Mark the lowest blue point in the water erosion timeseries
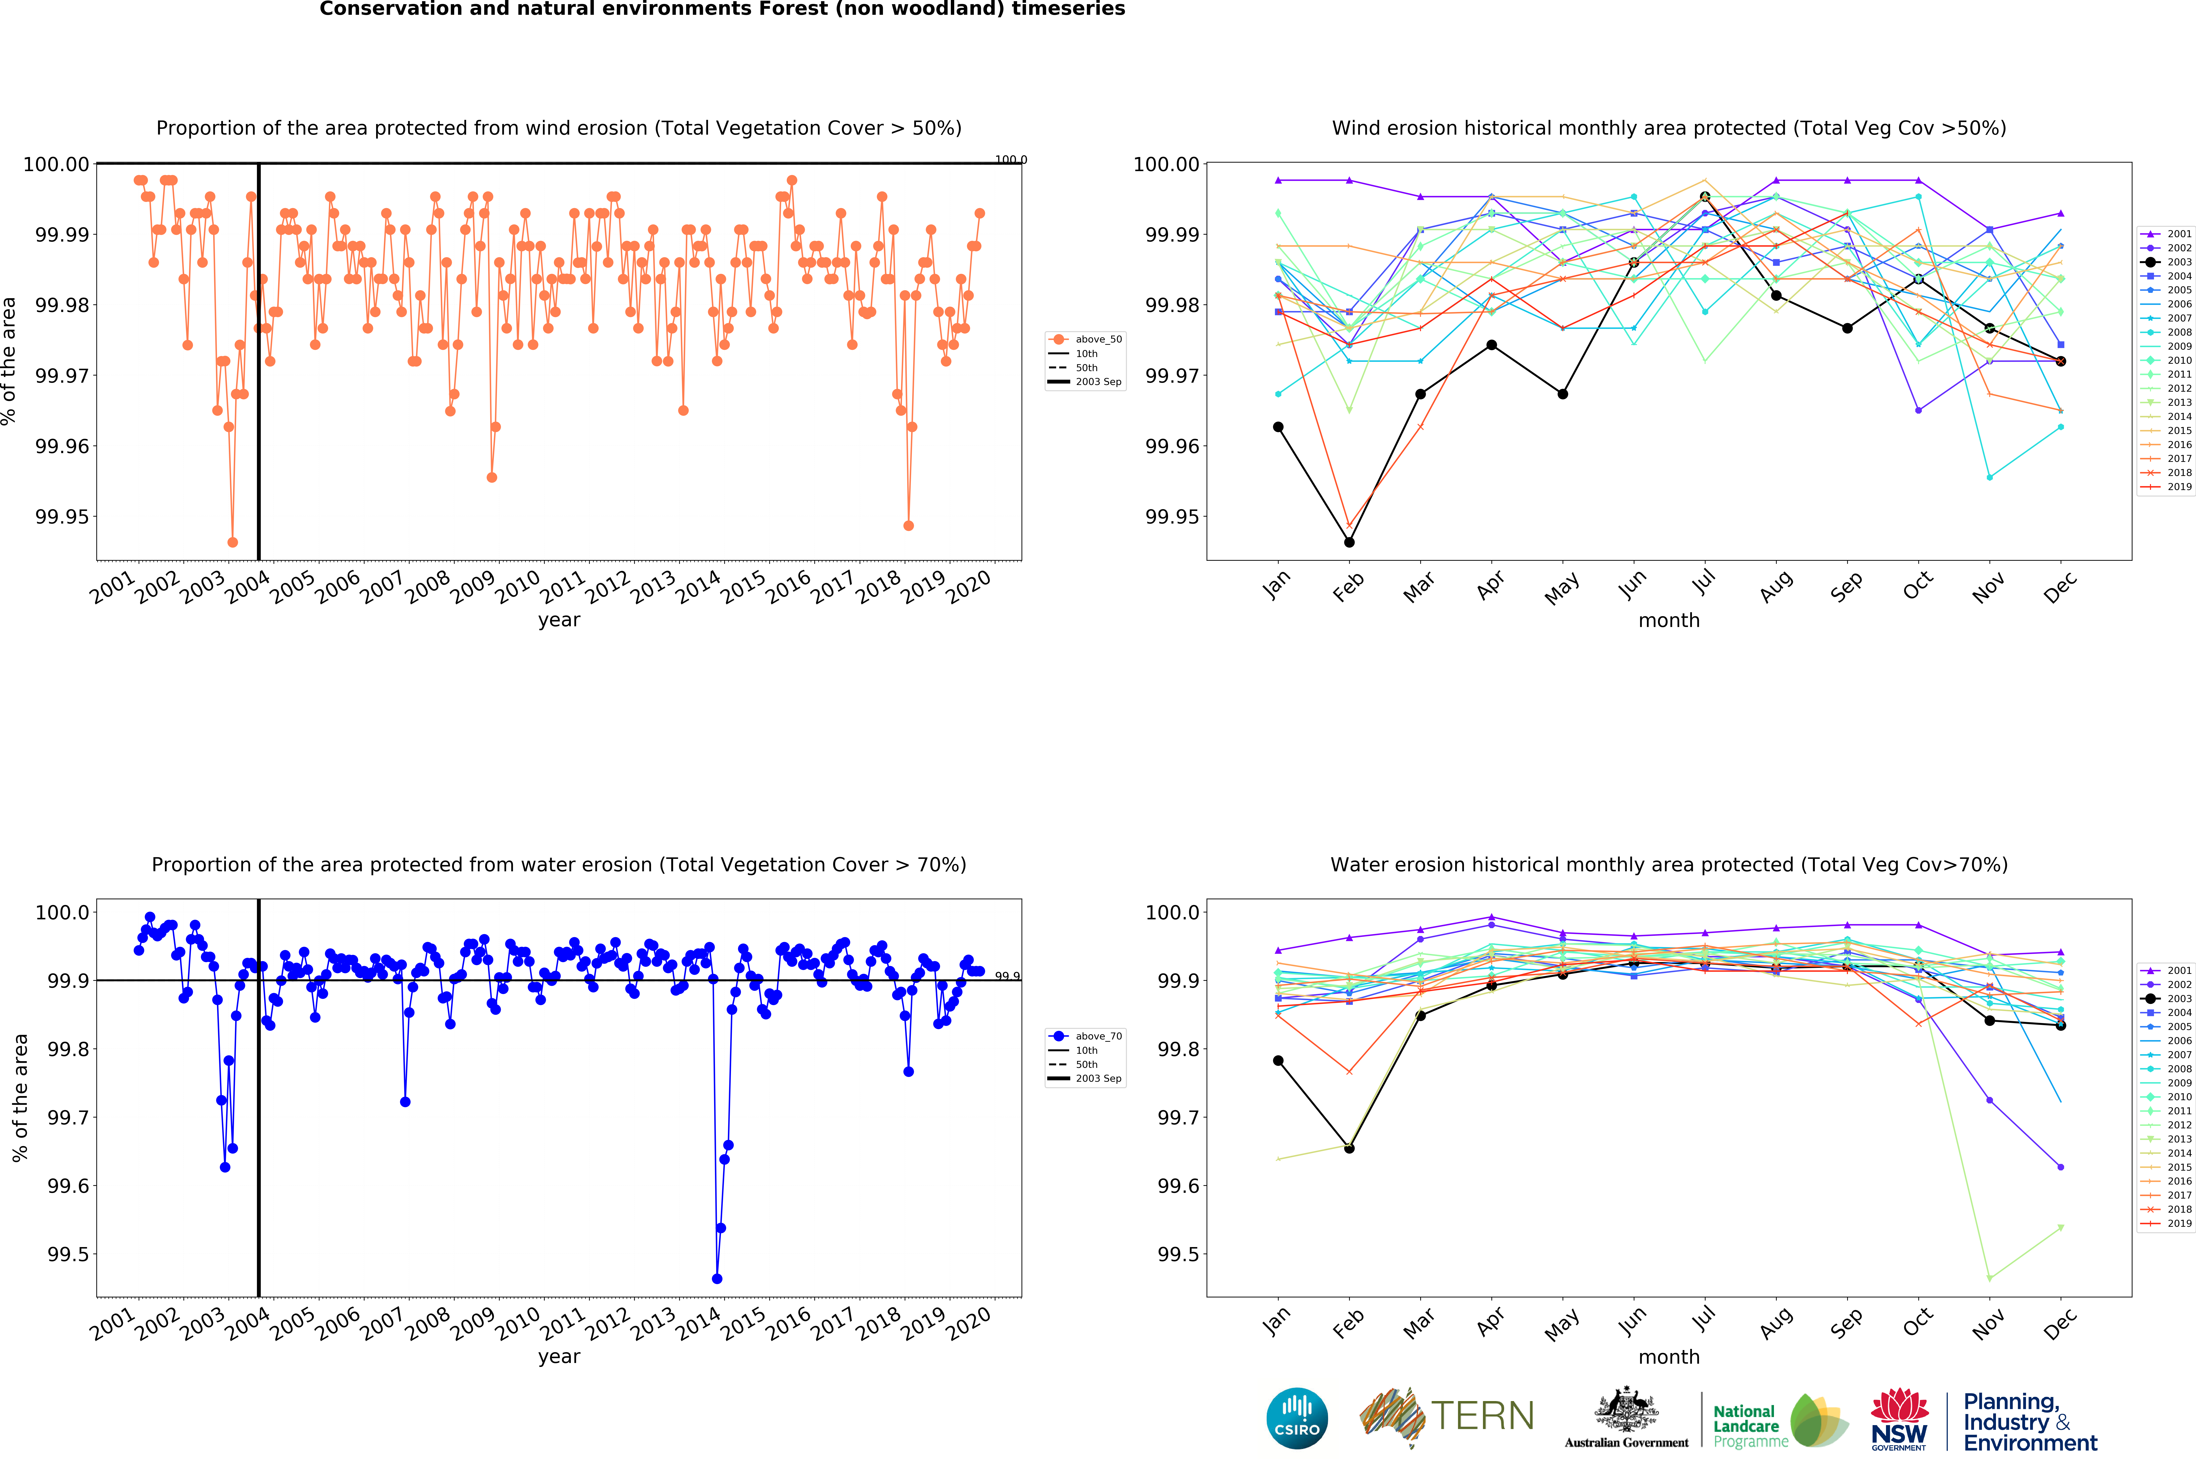pyautogui.click(x=717, y=1278)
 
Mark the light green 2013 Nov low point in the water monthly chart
pyautogui.click(x=1989, y=1278)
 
